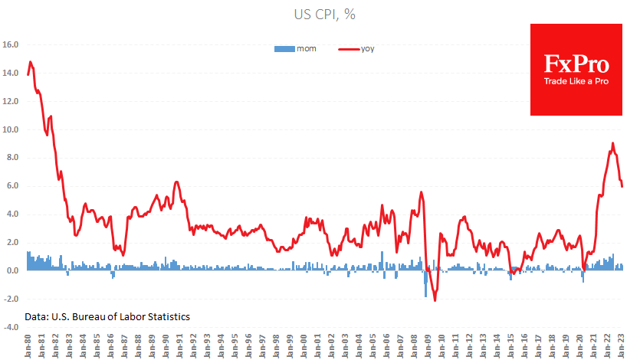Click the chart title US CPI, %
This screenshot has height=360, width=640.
(320, 15)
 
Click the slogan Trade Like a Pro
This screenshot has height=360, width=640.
(576, 82)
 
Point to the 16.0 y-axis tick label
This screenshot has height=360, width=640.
(11, 45)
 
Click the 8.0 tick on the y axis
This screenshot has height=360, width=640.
(11, 158)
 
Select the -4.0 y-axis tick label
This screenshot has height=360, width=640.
(11, 327)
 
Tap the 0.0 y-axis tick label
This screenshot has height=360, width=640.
(11, 271)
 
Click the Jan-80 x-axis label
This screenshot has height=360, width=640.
(28, 344)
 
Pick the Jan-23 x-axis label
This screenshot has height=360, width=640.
(622, 344)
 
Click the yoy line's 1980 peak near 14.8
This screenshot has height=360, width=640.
(30, 62)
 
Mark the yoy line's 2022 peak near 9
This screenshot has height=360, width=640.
(612, 143)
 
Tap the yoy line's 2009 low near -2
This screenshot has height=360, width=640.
(435, 300)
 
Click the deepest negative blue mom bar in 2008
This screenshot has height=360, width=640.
(426, 296)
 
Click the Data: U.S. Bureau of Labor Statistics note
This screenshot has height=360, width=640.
(107, 316)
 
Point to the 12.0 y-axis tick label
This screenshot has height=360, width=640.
(11, 102)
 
